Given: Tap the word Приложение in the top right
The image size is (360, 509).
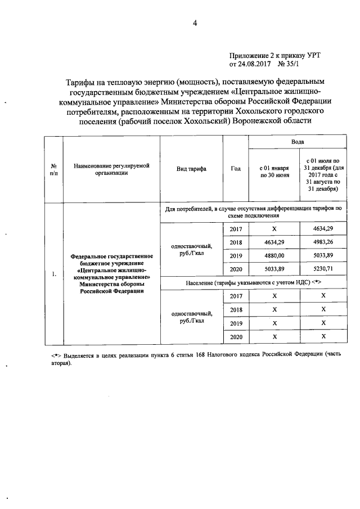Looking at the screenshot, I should [249, 55].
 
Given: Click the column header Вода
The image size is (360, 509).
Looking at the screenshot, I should [297, 142].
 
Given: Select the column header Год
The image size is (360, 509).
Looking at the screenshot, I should [236, 168].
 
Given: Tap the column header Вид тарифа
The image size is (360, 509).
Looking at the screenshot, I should [191, 168].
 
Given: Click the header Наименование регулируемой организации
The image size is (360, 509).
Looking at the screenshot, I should [111, 168].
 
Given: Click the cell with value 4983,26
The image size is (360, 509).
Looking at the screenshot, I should [323, 242].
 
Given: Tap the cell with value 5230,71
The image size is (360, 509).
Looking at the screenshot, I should [323, 268].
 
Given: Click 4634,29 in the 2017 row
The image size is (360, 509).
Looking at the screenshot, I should [323, 228].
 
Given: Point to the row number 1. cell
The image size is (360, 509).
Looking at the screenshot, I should [54, 274].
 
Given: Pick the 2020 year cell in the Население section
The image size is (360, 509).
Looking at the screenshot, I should [236, 336].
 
